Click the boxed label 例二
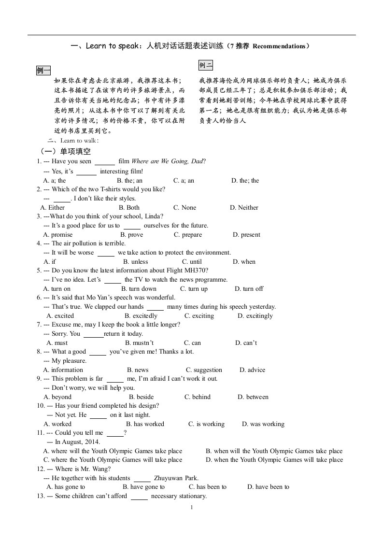[206, 65]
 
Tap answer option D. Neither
[244, 208]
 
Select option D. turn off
[249, 289]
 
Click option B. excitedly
[141, 316]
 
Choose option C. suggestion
[204, 370]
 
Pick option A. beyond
[57, 397]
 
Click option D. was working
[263, 424]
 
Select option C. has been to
[208, 487]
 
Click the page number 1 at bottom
[192, 508]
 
